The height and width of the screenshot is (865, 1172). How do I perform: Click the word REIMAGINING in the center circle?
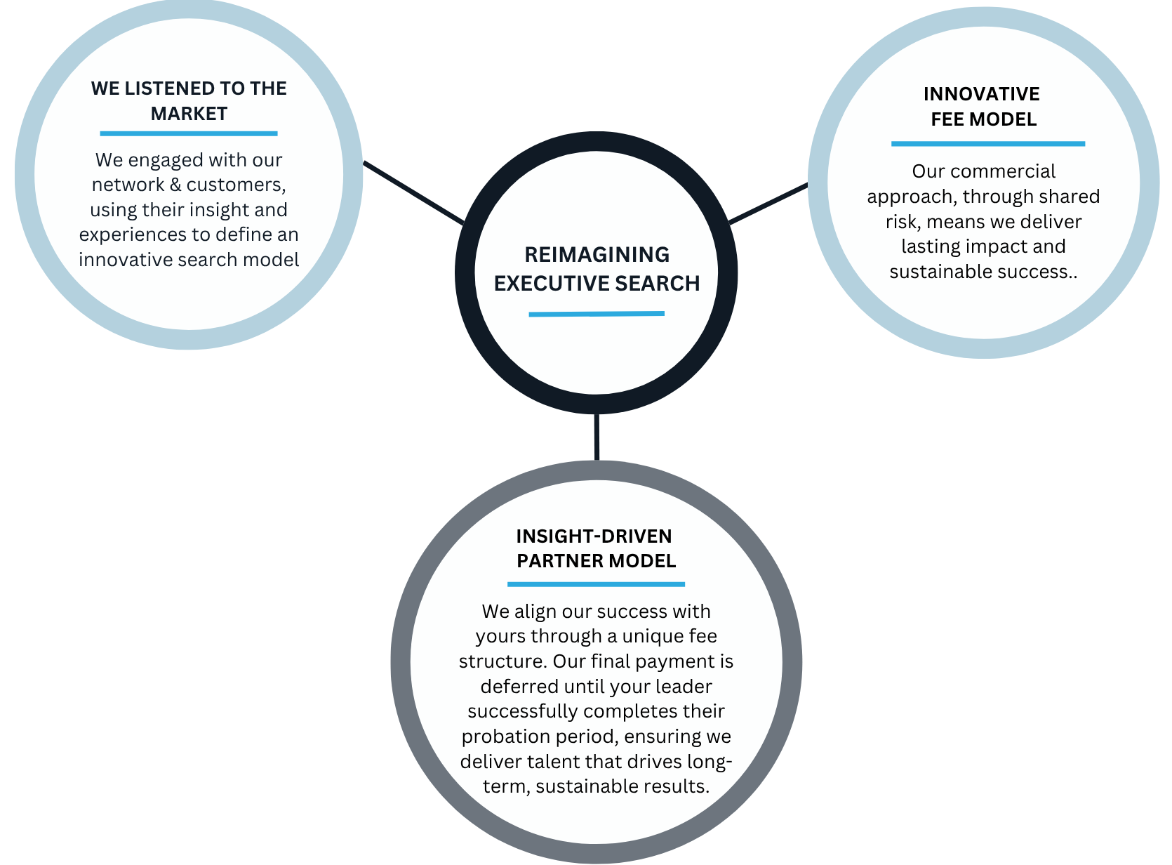click(x=597, y=255)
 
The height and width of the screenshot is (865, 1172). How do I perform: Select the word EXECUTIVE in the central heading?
click(x=551, y=284)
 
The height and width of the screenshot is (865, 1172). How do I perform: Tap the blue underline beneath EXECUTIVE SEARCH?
click(x=597, y=314)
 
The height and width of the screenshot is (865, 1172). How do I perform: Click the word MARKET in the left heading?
click(x=189, y=114)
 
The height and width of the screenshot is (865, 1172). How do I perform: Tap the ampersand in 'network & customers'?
click(x=175, y=185)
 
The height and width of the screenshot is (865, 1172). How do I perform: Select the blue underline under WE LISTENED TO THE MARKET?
click(x=189, y=134)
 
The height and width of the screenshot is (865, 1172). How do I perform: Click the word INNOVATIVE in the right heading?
click(x=982, y=94)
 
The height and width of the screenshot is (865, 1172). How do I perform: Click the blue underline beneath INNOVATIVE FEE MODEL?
click(x=988, y=144)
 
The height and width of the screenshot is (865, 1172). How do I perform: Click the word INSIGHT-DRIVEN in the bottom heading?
click(x=594, y=536)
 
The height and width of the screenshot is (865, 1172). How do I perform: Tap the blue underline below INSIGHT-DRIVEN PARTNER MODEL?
click(x=596, y=584)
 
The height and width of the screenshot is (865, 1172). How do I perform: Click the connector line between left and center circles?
click(x=414, y=192)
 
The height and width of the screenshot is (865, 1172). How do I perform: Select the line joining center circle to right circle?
click(x=768, y=204)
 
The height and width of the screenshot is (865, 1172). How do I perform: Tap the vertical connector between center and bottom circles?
click(x=597, y=437)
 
